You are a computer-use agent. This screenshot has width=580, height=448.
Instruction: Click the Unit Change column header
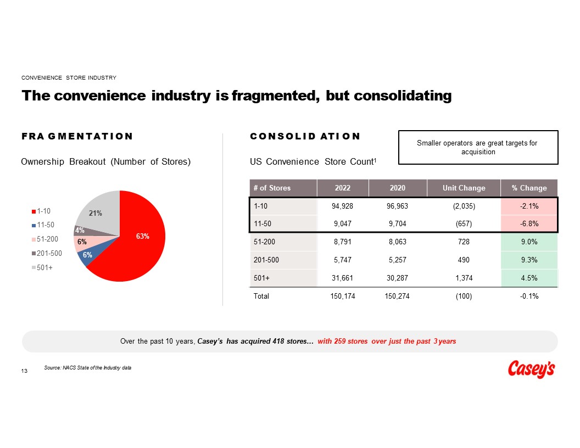pyautogui.click(x=464, y=188)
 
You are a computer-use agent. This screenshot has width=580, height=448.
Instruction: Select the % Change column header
pyautogui.click(x=529, y=188)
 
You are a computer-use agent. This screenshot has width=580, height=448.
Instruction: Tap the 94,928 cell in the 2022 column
pyautogui.click(x=343, y=206)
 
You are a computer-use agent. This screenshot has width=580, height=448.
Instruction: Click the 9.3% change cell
pyautogui.click(x=529, y=260)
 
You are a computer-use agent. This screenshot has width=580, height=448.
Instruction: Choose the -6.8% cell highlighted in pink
pyautogui.click(x=529, y=224)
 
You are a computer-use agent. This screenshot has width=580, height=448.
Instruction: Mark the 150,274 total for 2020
pyautogui.click(x=397, y=296)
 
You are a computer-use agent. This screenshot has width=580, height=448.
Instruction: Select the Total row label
pyautogui.click(x=261, y=296)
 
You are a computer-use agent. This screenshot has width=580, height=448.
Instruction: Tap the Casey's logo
pyautogui.click(x=530, y=369)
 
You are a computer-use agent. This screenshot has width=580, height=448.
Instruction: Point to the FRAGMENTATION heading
pyautogui.click(x=77, y=136)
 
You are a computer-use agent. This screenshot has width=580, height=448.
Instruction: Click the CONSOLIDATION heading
pyautogui.click(x=305, y=136)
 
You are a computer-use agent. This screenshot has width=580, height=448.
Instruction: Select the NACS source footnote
pyautogui.click(x=88, y=367)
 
